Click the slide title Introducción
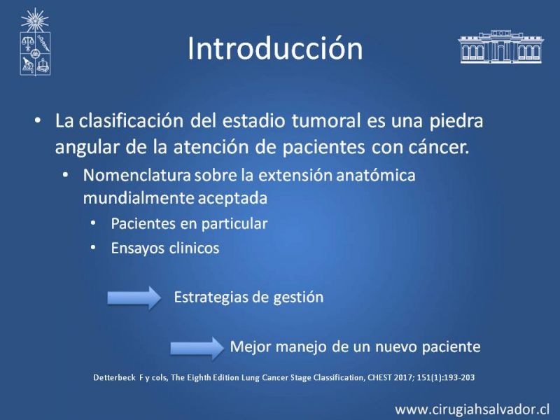[275, 48]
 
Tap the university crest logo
[35, 42]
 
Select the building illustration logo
[500, 47]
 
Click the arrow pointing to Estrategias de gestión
[134, 297]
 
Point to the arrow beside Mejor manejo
[197, 348]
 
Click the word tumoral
[326, 120]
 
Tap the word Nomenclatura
[136, 176]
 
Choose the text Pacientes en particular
[189, 224]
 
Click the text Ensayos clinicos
[165, 248]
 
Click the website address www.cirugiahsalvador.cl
[472, 409]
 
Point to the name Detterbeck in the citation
[114, 377]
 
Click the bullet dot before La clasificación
[38, 120]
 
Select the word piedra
[456, 120]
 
